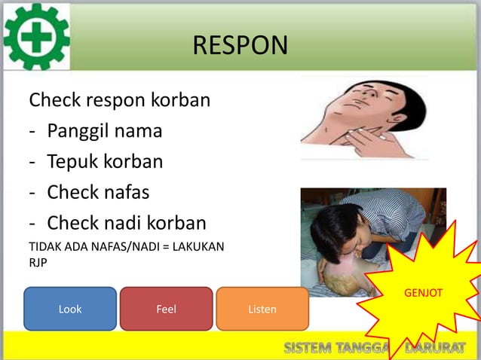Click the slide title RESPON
pos(240,45)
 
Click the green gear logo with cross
pos(36,36)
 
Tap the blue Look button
pos(70,309)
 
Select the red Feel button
pos(166,309)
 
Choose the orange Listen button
pos(262,309)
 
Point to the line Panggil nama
pos(104,131)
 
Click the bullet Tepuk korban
pos(104,162)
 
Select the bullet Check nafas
pos(98,193)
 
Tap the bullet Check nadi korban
pos(126,224)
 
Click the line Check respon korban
pos(119,100)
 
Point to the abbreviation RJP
pos(38,263)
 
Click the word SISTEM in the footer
pos(308,347)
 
